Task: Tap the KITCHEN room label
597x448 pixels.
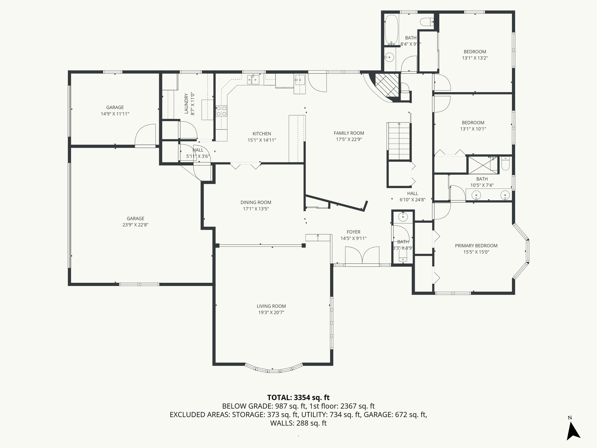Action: point(261,134)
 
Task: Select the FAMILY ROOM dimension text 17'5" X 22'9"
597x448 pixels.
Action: point(349,139)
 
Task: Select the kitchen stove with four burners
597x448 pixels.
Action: point(221,111)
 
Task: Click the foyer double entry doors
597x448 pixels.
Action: point(362,256)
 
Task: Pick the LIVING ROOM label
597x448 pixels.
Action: point(271,306)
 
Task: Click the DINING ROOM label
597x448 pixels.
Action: point(256,202)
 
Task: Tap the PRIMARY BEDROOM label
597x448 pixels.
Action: point(476,246)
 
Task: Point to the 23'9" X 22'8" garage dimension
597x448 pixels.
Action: point(135,225)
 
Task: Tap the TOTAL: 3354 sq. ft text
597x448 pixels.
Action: point(298,397)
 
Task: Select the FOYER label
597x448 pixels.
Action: point(353,232)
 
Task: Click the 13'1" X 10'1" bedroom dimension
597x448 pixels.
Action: point(473,129)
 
